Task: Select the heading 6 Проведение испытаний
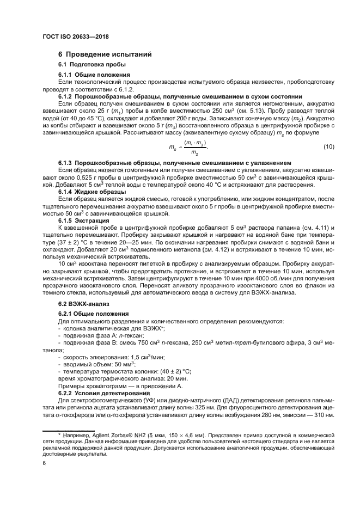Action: (x=101, y=54)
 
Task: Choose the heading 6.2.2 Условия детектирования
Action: (x=103, y=393)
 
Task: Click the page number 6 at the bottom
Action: (x=45, y=462)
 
